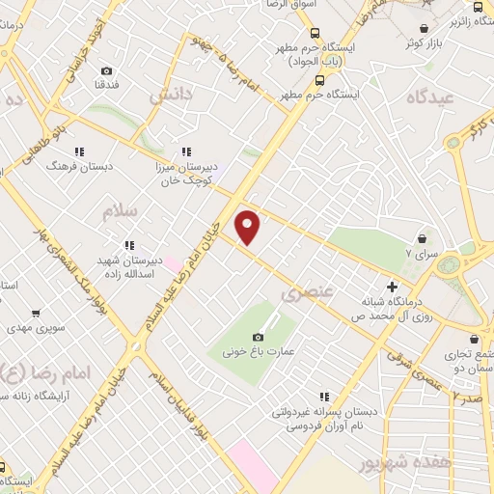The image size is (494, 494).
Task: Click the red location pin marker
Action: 249,227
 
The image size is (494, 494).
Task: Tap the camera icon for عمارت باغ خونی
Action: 258,337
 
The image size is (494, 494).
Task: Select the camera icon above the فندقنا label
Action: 106,71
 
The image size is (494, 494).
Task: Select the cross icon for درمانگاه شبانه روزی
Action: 392,287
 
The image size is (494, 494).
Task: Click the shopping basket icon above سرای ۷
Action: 422,238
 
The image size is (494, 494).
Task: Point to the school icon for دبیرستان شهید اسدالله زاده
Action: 128,245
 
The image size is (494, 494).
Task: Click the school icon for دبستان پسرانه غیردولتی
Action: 324,396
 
